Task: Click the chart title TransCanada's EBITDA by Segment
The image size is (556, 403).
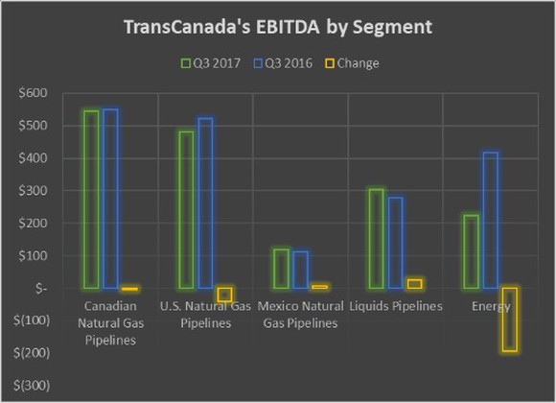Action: pyautogui.click(x=277, y=27)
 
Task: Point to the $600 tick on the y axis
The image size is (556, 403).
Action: pyautogui.click(x=33, y=93)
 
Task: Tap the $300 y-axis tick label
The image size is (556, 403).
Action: pyautogui.click(x=33, y=191)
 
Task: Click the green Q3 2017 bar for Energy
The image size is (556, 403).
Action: pyautogui.click(x=472, y=251)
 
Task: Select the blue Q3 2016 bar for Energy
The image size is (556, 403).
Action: pyautogui.click(x=490, y=220)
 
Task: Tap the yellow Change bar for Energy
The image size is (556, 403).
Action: pyautogui.click(x=509, y=320)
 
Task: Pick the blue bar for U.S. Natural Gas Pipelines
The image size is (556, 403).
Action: pyautogui.click(x=205, y=203)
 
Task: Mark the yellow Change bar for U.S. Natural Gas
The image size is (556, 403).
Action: pyautogui.click(x=224, y=295)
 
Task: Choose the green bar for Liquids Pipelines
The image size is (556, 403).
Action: pyautogui.click(x=377, y=239)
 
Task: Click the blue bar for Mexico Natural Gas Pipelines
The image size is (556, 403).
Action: pyautogui.click(x=300, y=270)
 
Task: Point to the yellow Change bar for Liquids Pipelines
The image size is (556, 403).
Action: pyautogui.click(x=414, y=284)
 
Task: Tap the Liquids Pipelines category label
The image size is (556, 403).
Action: pyautogui.click(x=396, y=306)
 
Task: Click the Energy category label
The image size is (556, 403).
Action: pyautogui.click(x=491, y=306)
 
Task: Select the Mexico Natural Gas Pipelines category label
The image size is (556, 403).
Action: pyautogui.click(x=301, y=315)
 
